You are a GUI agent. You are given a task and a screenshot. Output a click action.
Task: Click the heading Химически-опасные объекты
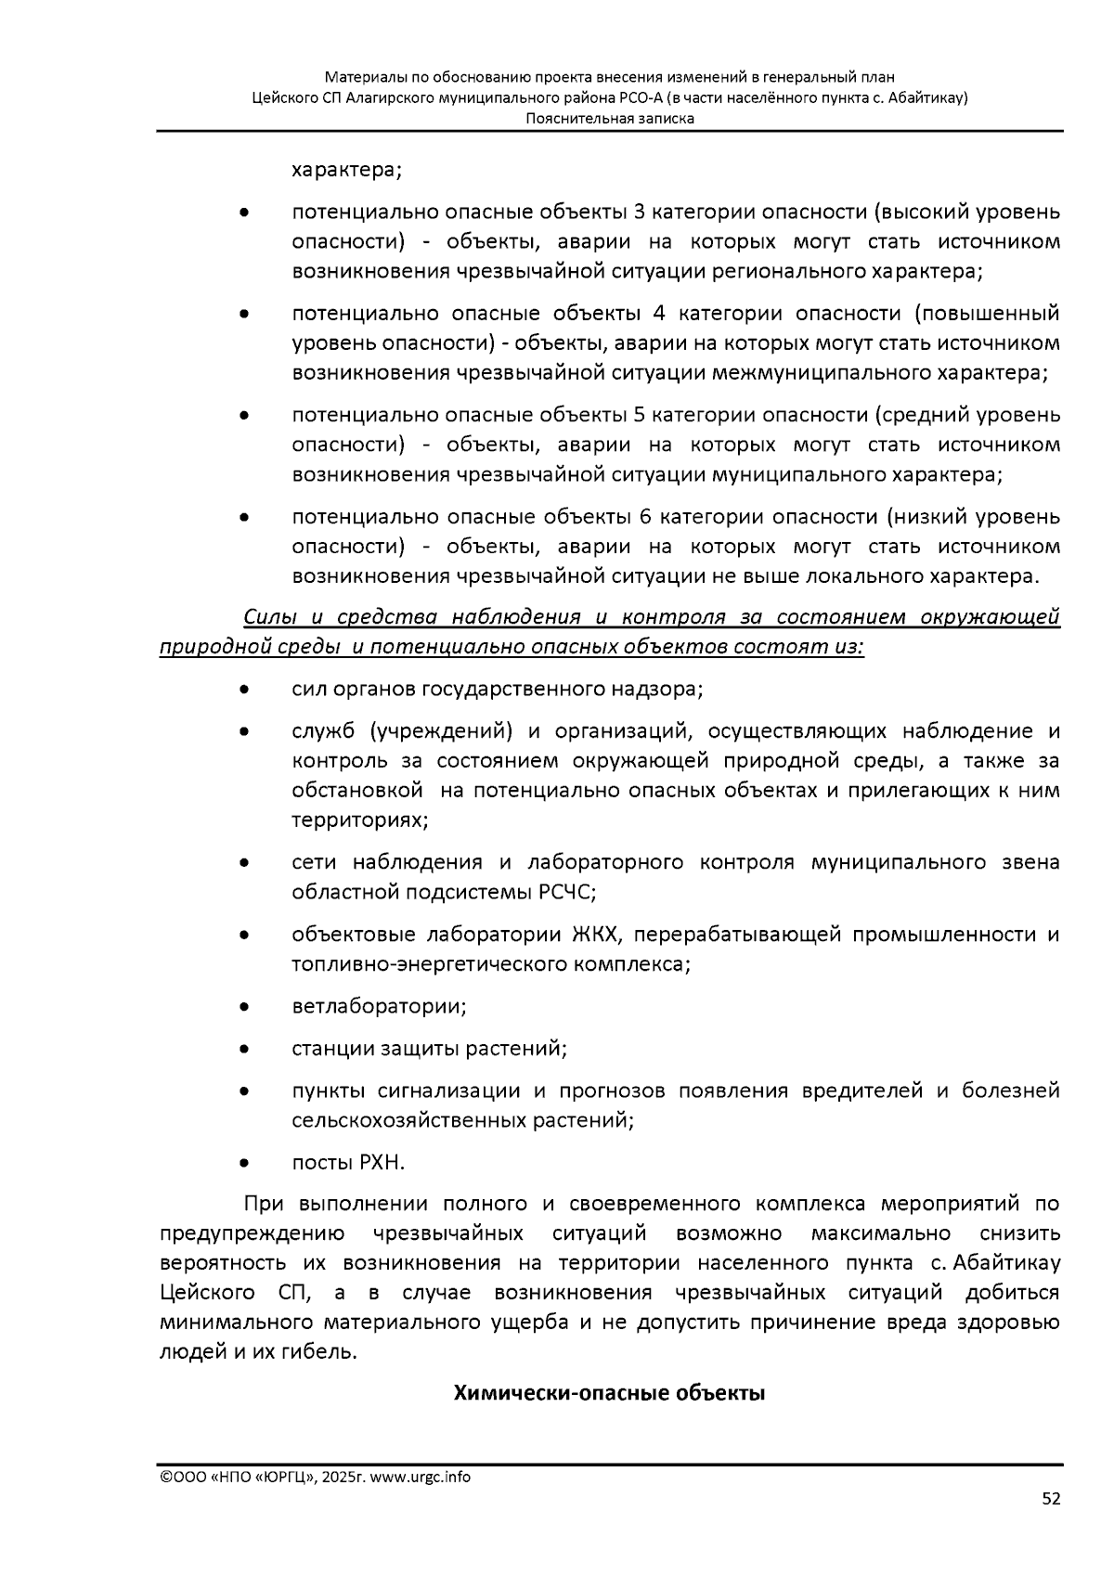click(x=609, y=1393)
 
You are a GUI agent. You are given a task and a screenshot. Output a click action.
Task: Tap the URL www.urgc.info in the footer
click(x=420, y=1478)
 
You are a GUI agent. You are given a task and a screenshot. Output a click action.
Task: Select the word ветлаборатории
click(x=377, y=1007)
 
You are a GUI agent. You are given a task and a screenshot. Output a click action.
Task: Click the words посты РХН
click(x=348, y=1163)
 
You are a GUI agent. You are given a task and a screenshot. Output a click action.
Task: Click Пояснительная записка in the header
click(x=609, y=119)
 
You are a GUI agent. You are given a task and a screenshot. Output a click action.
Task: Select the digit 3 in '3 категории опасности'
click(x=639, y=213)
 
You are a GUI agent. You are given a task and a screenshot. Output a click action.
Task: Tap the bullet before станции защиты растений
click(x=243, y=1050)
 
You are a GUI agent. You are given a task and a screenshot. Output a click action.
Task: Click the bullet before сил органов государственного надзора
click(x=243, y=691)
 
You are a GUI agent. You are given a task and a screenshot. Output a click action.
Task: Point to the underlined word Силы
click(x=266, y=618)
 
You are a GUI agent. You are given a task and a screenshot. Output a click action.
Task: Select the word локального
click(x=812, y=576)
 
